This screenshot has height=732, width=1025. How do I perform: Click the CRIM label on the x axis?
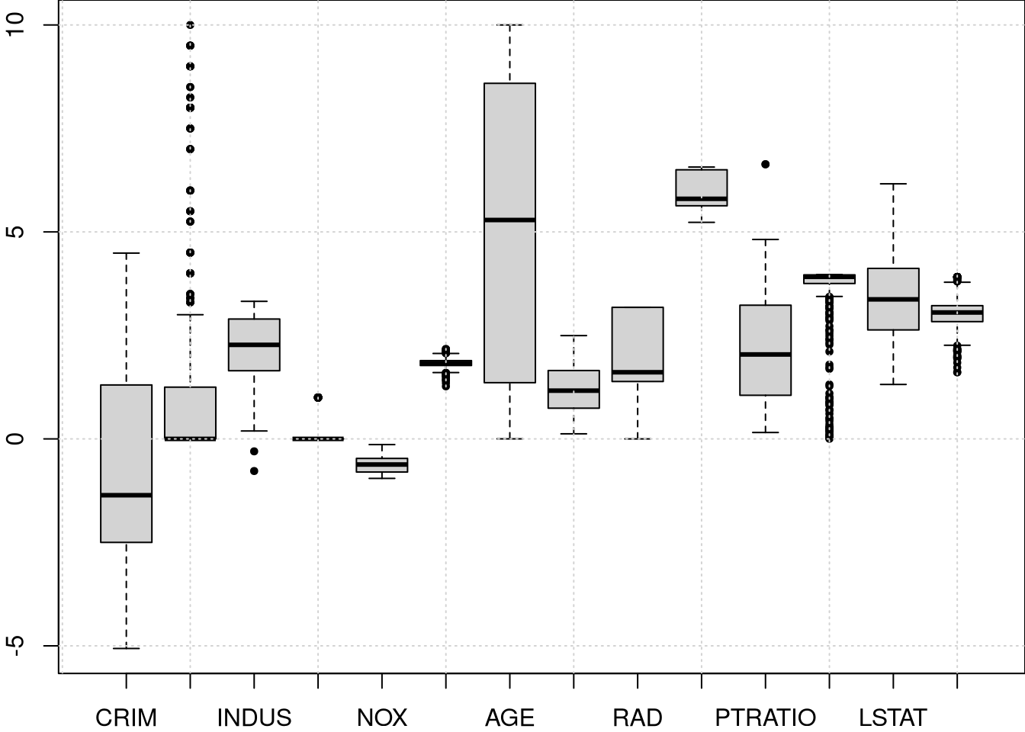[x=126, y=718]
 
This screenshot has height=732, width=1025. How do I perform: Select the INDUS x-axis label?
[x=254, y=718]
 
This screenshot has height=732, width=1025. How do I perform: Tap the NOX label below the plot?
[x=382, y=718]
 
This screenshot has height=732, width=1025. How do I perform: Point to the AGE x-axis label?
[x=509, y=718]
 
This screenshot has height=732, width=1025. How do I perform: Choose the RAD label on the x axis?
[x=638, y=718]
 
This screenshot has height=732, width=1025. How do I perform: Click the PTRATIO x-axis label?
[x=765, y=718]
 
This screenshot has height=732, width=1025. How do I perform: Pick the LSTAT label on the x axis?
[x=892, y=718]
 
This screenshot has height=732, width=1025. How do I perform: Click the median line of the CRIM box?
[x=126, y=495]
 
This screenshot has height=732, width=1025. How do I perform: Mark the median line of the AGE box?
[x=509, y=220]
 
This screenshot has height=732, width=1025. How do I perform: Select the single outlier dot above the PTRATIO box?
[x=765, y=164]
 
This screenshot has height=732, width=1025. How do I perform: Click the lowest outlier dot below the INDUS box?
[x=254, y=471]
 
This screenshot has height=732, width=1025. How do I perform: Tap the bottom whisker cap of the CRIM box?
[x=126, y=648]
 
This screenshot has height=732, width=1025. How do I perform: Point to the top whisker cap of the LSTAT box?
[x=892, y=184]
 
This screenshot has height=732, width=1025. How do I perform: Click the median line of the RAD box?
[x=638, y=372]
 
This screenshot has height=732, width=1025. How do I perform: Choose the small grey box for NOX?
[x=382, y=465]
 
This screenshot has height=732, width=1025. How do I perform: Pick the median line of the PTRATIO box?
[x=765, y=354]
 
